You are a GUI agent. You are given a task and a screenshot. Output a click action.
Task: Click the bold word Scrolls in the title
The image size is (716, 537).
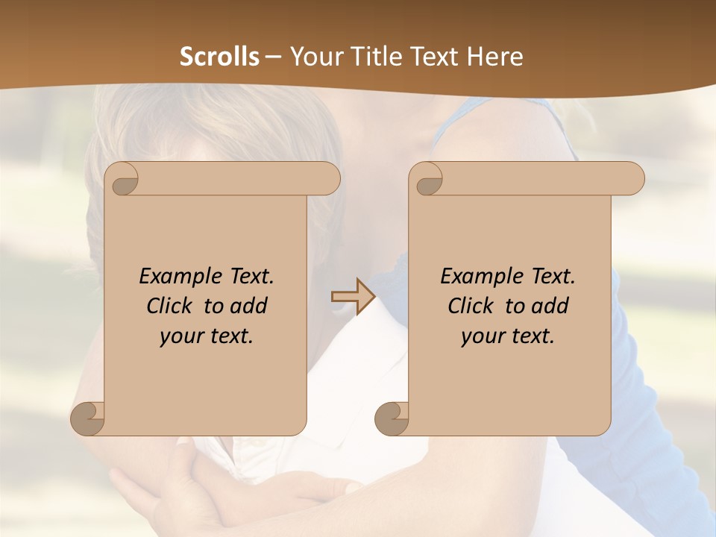[219, 57]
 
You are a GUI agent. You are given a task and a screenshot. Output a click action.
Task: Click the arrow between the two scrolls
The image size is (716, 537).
[353, 296]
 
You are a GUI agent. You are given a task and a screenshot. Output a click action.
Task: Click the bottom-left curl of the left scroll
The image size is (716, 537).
[88, 418]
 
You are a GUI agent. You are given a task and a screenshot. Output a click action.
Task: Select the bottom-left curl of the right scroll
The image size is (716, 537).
[392, 418]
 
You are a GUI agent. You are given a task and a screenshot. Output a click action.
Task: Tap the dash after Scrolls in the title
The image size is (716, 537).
[273, 57]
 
